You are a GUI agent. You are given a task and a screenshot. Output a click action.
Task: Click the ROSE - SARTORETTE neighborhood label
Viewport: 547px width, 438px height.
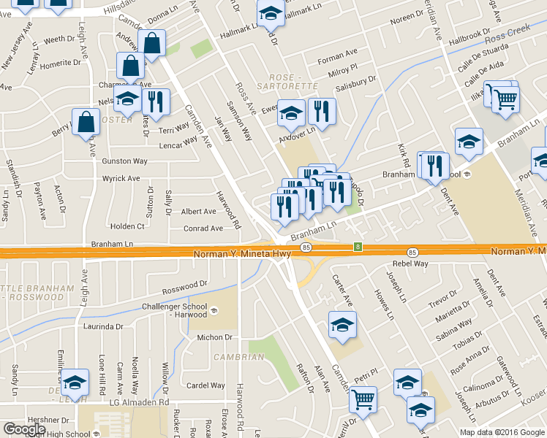pyautogui.click(x=295, y=81)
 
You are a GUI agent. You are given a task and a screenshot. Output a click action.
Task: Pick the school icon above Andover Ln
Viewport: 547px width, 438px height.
pyautogui.click(x=292, y=112)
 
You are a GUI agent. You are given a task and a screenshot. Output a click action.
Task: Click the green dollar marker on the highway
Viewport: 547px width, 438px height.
pyautogui.click(x=358, y=247)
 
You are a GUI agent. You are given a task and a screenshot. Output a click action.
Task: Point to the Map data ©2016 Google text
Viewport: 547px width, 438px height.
pyautogui.click(x=502, y=431)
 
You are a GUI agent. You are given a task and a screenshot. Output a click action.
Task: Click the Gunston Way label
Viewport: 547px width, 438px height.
pyautogui.click(x=125, y=161)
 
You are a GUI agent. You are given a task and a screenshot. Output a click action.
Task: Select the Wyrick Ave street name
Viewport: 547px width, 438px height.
pyautogui.click(x=121, y=178)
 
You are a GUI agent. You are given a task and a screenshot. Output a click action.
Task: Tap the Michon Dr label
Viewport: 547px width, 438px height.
pyautogui.click(x=214, y=338)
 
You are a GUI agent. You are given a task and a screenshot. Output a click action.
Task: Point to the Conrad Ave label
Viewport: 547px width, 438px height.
pyautogui.click(x=202, y=228)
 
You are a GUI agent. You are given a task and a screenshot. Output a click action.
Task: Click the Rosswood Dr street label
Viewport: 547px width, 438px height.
pyautogui.click(x=185, y=286)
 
